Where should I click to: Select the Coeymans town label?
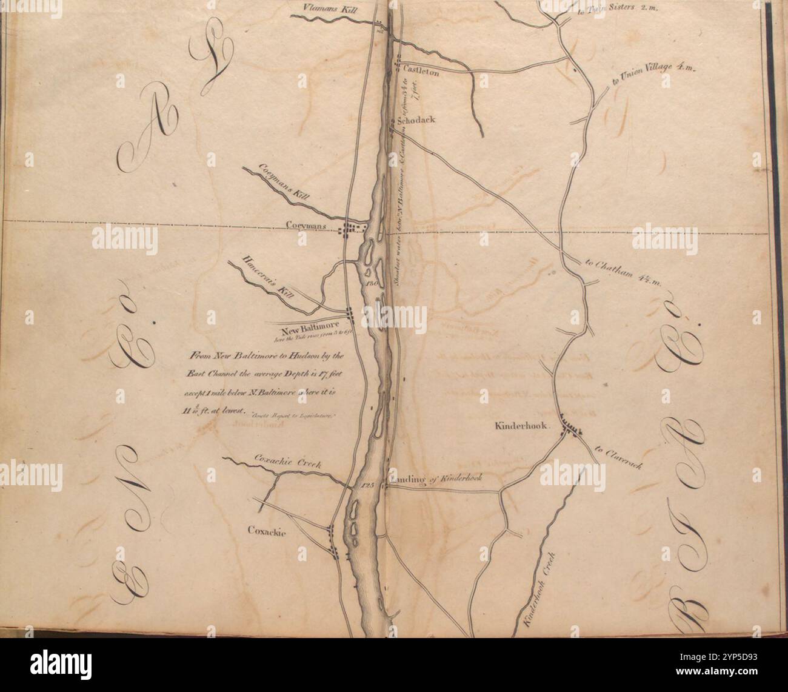click(x=307, y=227)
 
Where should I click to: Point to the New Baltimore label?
click(x=305, y=329)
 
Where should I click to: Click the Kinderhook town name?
click(x=521, y=426)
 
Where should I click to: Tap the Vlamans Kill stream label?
click(x=328, y=8)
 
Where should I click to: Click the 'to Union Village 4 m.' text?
click(x=655, y=74)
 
